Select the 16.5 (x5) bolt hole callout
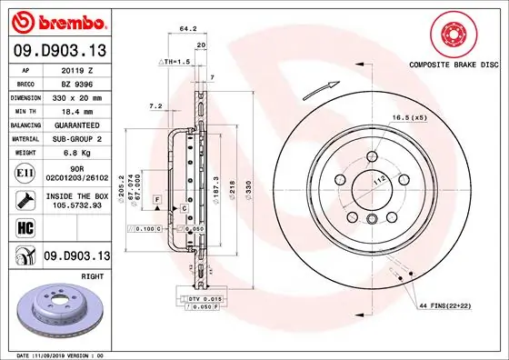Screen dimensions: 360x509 407,118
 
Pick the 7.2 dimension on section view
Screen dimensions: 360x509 155,106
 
